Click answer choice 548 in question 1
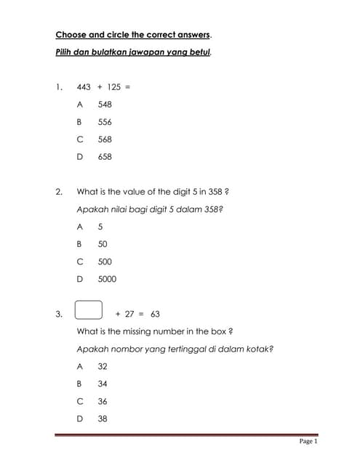click(105, 105)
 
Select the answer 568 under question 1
click(105, 139)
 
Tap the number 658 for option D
click(105, 157)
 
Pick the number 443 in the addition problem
click(84, 87)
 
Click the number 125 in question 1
click(113, 87)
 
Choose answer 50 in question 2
click(103, 244)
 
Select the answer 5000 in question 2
click(107, 279)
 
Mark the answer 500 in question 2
click(105, 262)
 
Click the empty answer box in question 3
click(88, 311)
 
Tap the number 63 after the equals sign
click(155, 314)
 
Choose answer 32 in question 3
click(103, 366)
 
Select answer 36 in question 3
click(103, 401)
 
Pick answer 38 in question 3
click(103, 418)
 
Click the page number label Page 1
click(308, 441)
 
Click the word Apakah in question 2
click(91, 209)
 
